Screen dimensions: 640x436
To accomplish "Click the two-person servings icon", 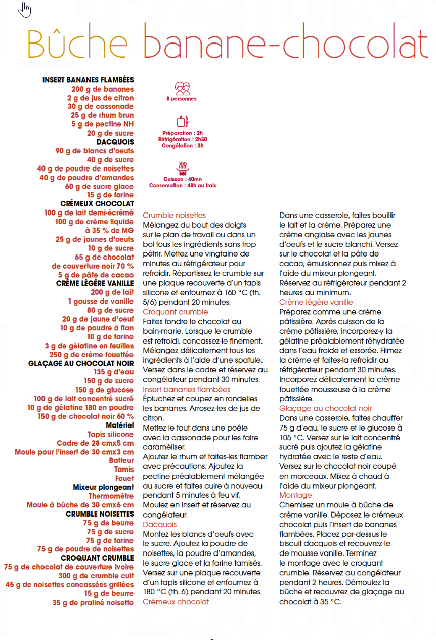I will [x=182, y=89].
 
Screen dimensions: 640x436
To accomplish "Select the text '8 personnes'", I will [x=182, y=99].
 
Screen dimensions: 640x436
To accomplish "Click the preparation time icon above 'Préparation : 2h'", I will [x=182, y=121].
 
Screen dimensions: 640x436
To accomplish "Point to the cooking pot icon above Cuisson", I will [x=182, y=167].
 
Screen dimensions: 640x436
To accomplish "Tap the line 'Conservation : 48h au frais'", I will [x=182, y=186].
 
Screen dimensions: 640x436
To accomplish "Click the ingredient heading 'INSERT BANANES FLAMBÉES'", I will [x=88, y=80].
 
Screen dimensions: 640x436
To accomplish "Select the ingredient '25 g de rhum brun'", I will [x=102, y=115].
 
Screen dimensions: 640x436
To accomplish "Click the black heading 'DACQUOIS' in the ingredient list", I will [x=115, y=142].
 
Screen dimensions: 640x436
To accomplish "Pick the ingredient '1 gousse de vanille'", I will [x=101, y=302].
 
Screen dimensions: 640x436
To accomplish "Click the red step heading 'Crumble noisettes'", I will [x=174, y=215].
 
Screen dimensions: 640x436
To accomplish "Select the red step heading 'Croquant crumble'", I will [x=175, y=312].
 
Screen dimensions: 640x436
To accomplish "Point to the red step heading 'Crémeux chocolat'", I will [x=176, y=602].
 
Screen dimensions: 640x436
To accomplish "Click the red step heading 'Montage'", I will [x=295, y=495].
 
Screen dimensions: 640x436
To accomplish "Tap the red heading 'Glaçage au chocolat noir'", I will [x=325, y=408].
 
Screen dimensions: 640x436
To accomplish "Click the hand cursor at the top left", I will [x=24, y=9].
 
